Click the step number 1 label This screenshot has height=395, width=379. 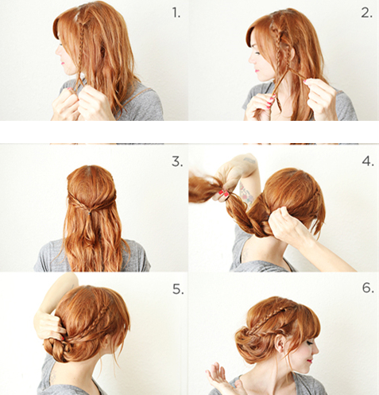[x=176, y=13]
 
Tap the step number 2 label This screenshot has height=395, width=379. [x=367, y=13]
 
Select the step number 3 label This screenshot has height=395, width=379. [x=177, y=161]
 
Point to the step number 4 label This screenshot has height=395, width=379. [x=368, y=161]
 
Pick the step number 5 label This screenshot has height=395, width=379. [x=178, y=289]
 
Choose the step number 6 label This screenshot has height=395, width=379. [x=368, y=288]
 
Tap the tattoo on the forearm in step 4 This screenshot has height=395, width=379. [x=246, y=193]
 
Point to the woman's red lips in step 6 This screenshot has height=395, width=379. [x=310, y=361]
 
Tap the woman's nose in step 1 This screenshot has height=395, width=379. [x=57, y=51]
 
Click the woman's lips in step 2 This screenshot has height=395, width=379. [x=257, y=71]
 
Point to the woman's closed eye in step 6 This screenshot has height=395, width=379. [x=308, y=343]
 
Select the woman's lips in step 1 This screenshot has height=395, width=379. [x=63, y=63]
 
